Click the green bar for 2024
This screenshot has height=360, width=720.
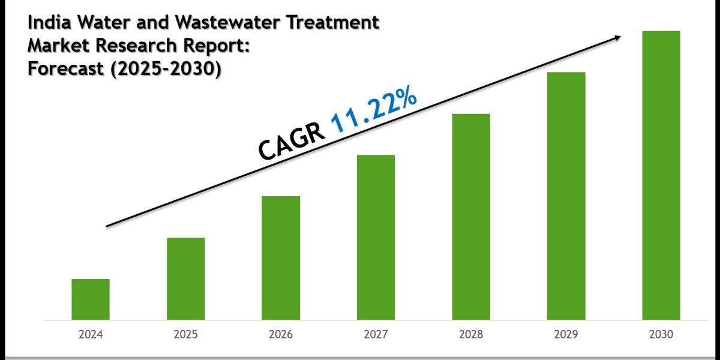point(91,299)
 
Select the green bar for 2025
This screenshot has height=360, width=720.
point(185,278)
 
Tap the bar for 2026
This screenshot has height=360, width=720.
point(281,257)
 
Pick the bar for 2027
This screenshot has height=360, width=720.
point(376,237)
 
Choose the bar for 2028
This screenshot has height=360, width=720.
point(471,216)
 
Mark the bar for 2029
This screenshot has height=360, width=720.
point(566,196)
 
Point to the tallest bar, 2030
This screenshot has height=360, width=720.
point(661,175)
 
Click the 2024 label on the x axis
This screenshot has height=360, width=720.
point(91,335)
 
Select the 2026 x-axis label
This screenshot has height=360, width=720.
point(281,335)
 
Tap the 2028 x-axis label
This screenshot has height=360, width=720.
point(471,335)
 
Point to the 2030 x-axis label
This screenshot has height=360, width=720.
point(661,335)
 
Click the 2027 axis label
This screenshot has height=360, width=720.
point(376,335)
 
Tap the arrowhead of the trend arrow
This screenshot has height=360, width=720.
point(616,38)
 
